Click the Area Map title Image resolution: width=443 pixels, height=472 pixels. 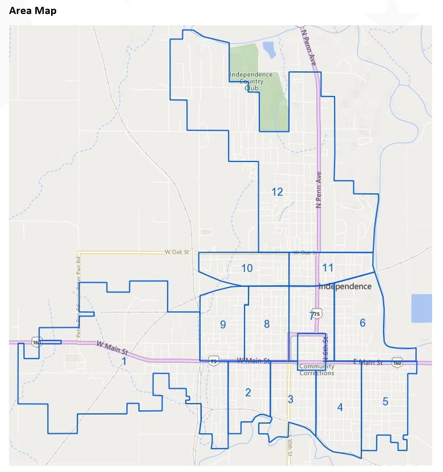coord(33,11)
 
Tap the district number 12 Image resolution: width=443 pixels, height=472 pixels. coord(277,192)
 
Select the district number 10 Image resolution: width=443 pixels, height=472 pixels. coord(247,268)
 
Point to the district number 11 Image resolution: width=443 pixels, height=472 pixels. coord(327,267)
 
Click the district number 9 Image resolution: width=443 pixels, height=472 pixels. coord(223,324)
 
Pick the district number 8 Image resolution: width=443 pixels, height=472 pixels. coord(266,324)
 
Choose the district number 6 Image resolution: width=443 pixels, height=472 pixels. coord(362,323)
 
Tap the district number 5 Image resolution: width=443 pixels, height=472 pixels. coord(385,401)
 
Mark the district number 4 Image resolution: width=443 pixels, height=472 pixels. coord(340,407)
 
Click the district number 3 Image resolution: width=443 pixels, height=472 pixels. coord(290,399)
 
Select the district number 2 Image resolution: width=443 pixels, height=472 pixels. coord(248,392)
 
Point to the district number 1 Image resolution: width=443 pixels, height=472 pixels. coord(124,362)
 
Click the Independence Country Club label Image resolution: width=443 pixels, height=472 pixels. coord(251,81)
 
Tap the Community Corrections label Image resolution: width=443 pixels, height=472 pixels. coord(317,370)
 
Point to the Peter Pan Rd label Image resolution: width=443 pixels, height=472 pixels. coord(79,271)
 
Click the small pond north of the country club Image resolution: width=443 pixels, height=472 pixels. coord(269,50)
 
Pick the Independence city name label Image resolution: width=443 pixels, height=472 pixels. coord(345,286)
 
